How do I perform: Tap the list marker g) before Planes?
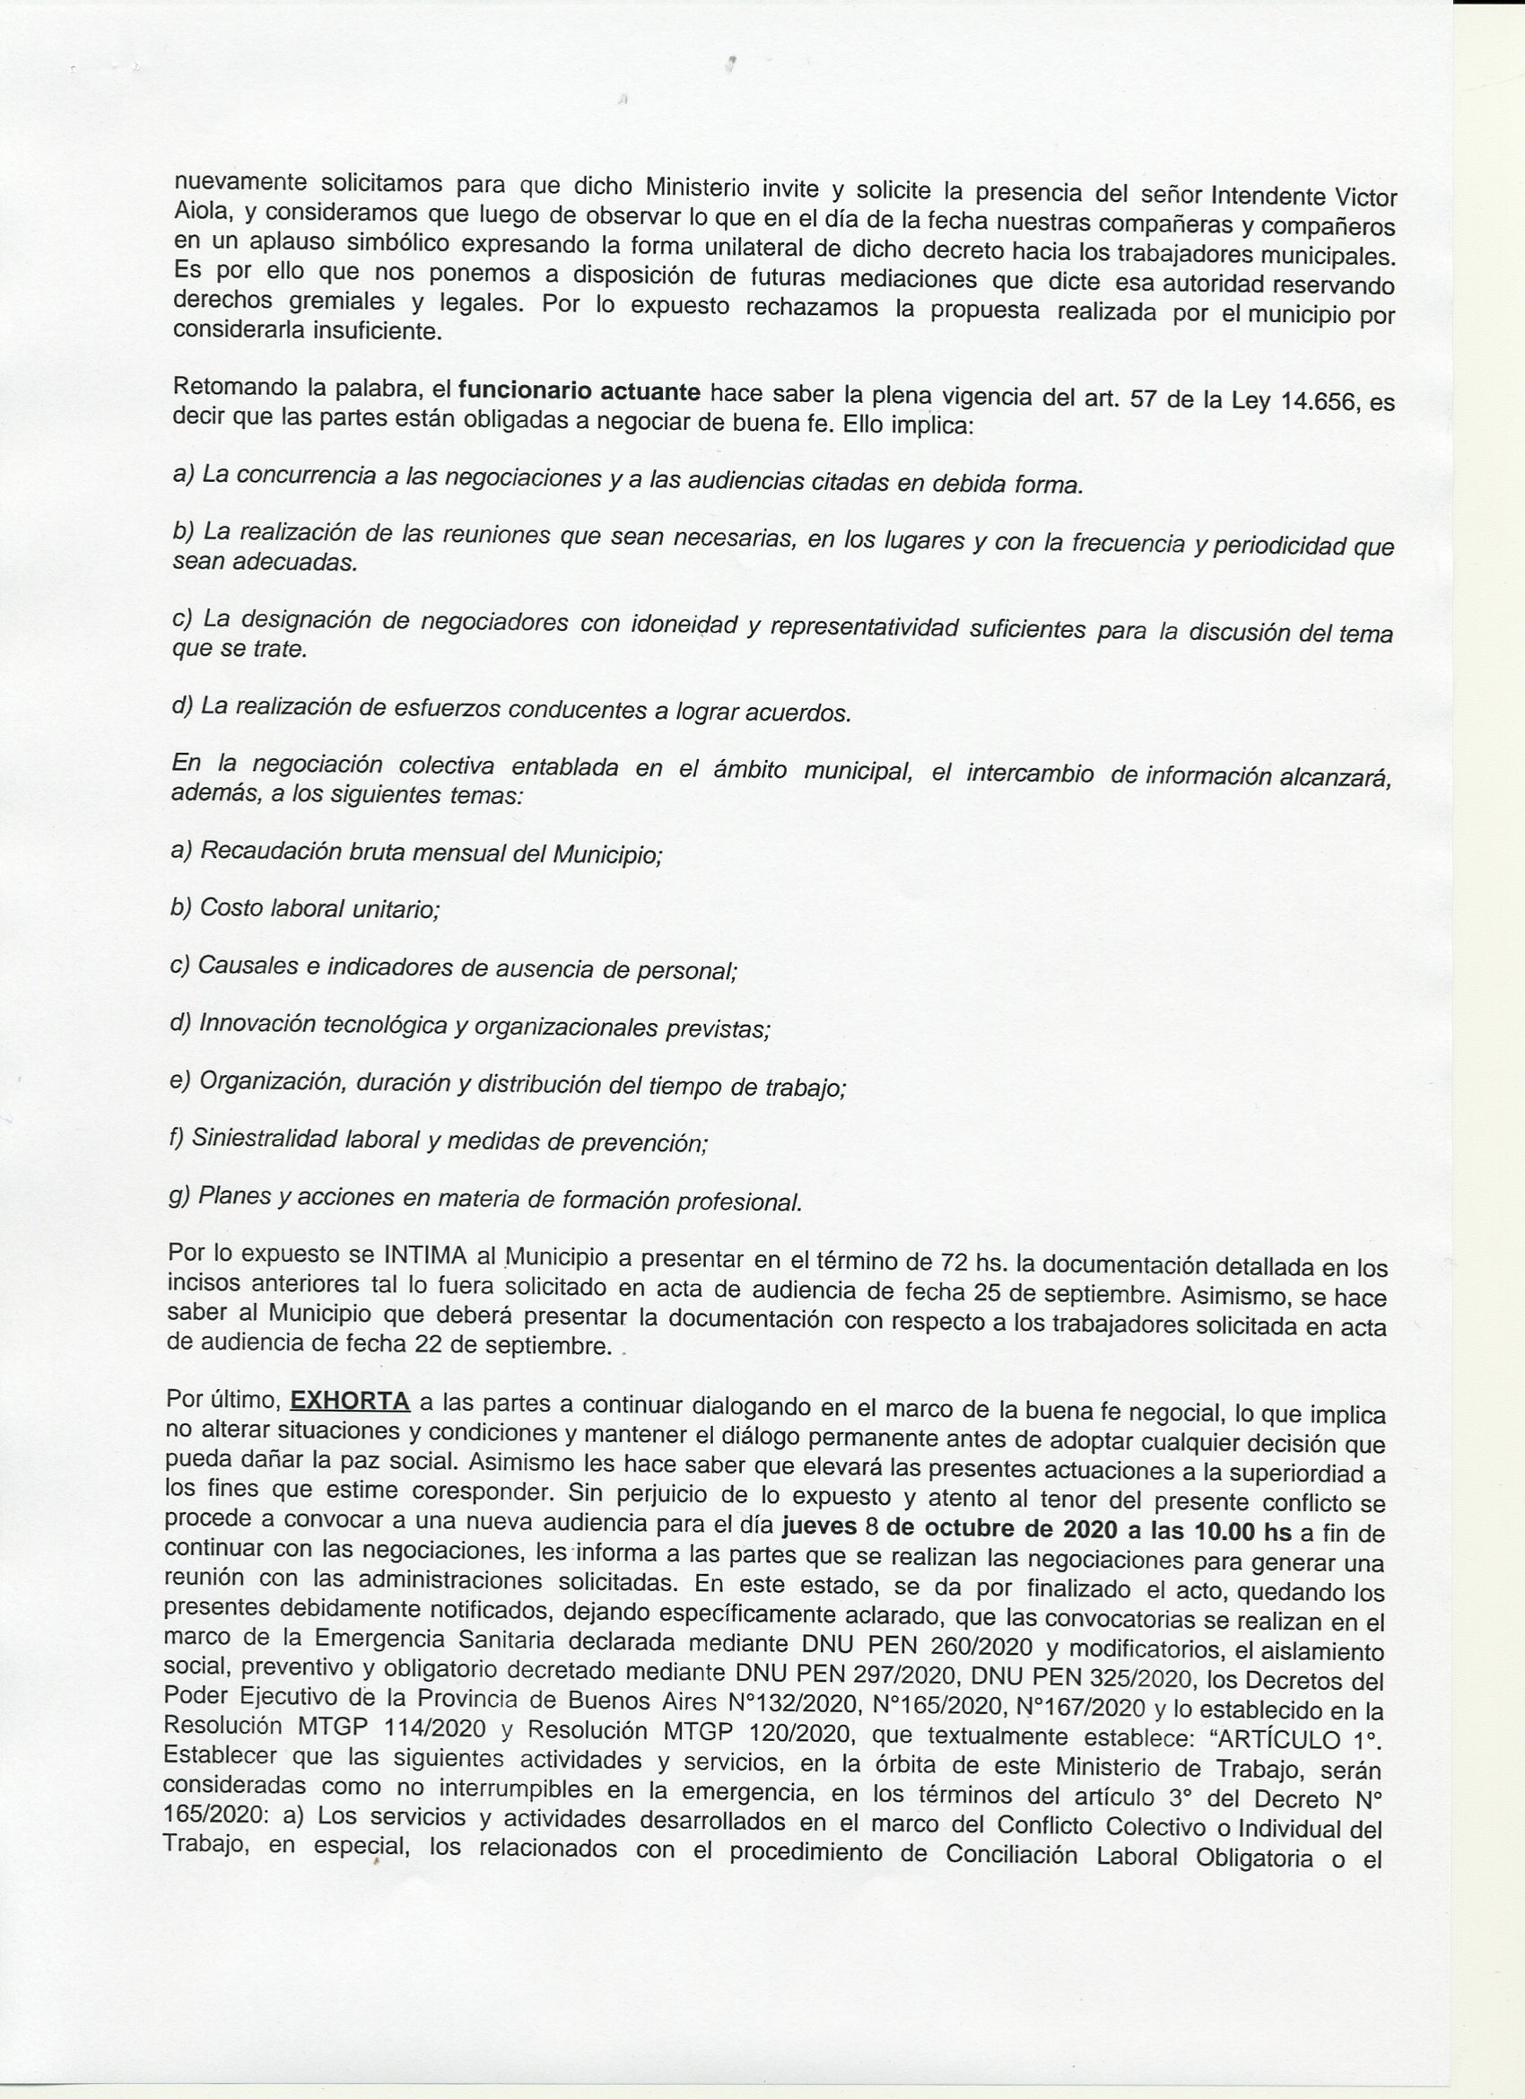179,1195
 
